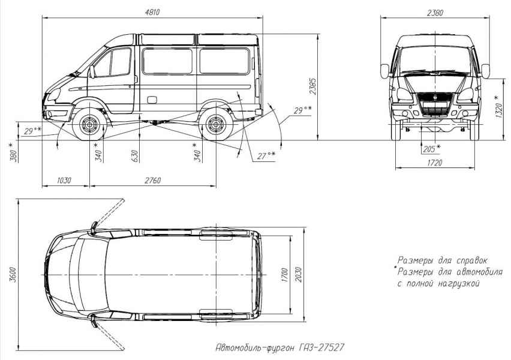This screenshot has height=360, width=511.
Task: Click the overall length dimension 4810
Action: (153, 12)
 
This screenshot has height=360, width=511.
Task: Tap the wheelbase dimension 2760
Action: (152, 181)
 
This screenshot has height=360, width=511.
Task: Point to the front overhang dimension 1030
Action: (64, 181)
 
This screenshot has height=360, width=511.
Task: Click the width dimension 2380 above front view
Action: (434, 13)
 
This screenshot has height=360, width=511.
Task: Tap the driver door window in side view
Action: (121, 62)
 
